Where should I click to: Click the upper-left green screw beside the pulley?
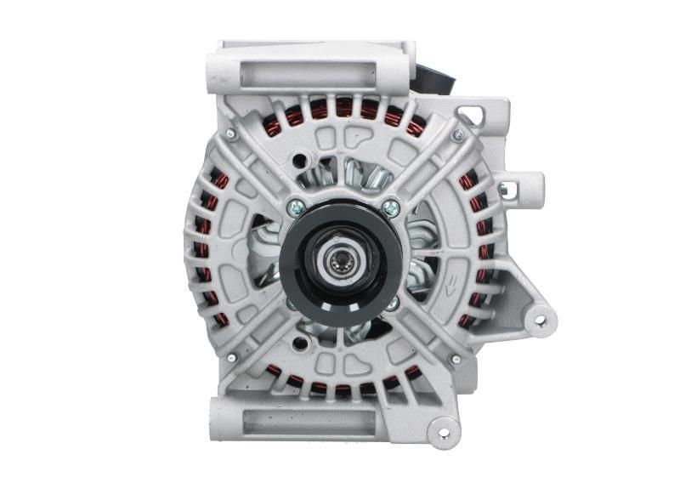pos(295,205)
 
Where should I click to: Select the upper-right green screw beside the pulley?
pos(390,207)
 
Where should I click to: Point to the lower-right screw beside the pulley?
pos(392,302)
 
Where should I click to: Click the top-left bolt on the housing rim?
pos(230,133)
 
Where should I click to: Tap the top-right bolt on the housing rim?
pos(458,134)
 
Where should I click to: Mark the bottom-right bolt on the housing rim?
pos(456,360)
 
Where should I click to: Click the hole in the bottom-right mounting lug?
pos(443,433)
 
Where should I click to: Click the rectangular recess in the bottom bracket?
pos(310,419)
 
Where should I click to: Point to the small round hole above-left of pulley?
pos(299,160)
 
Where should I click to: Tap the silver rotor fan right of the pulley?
pos(422,255)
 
